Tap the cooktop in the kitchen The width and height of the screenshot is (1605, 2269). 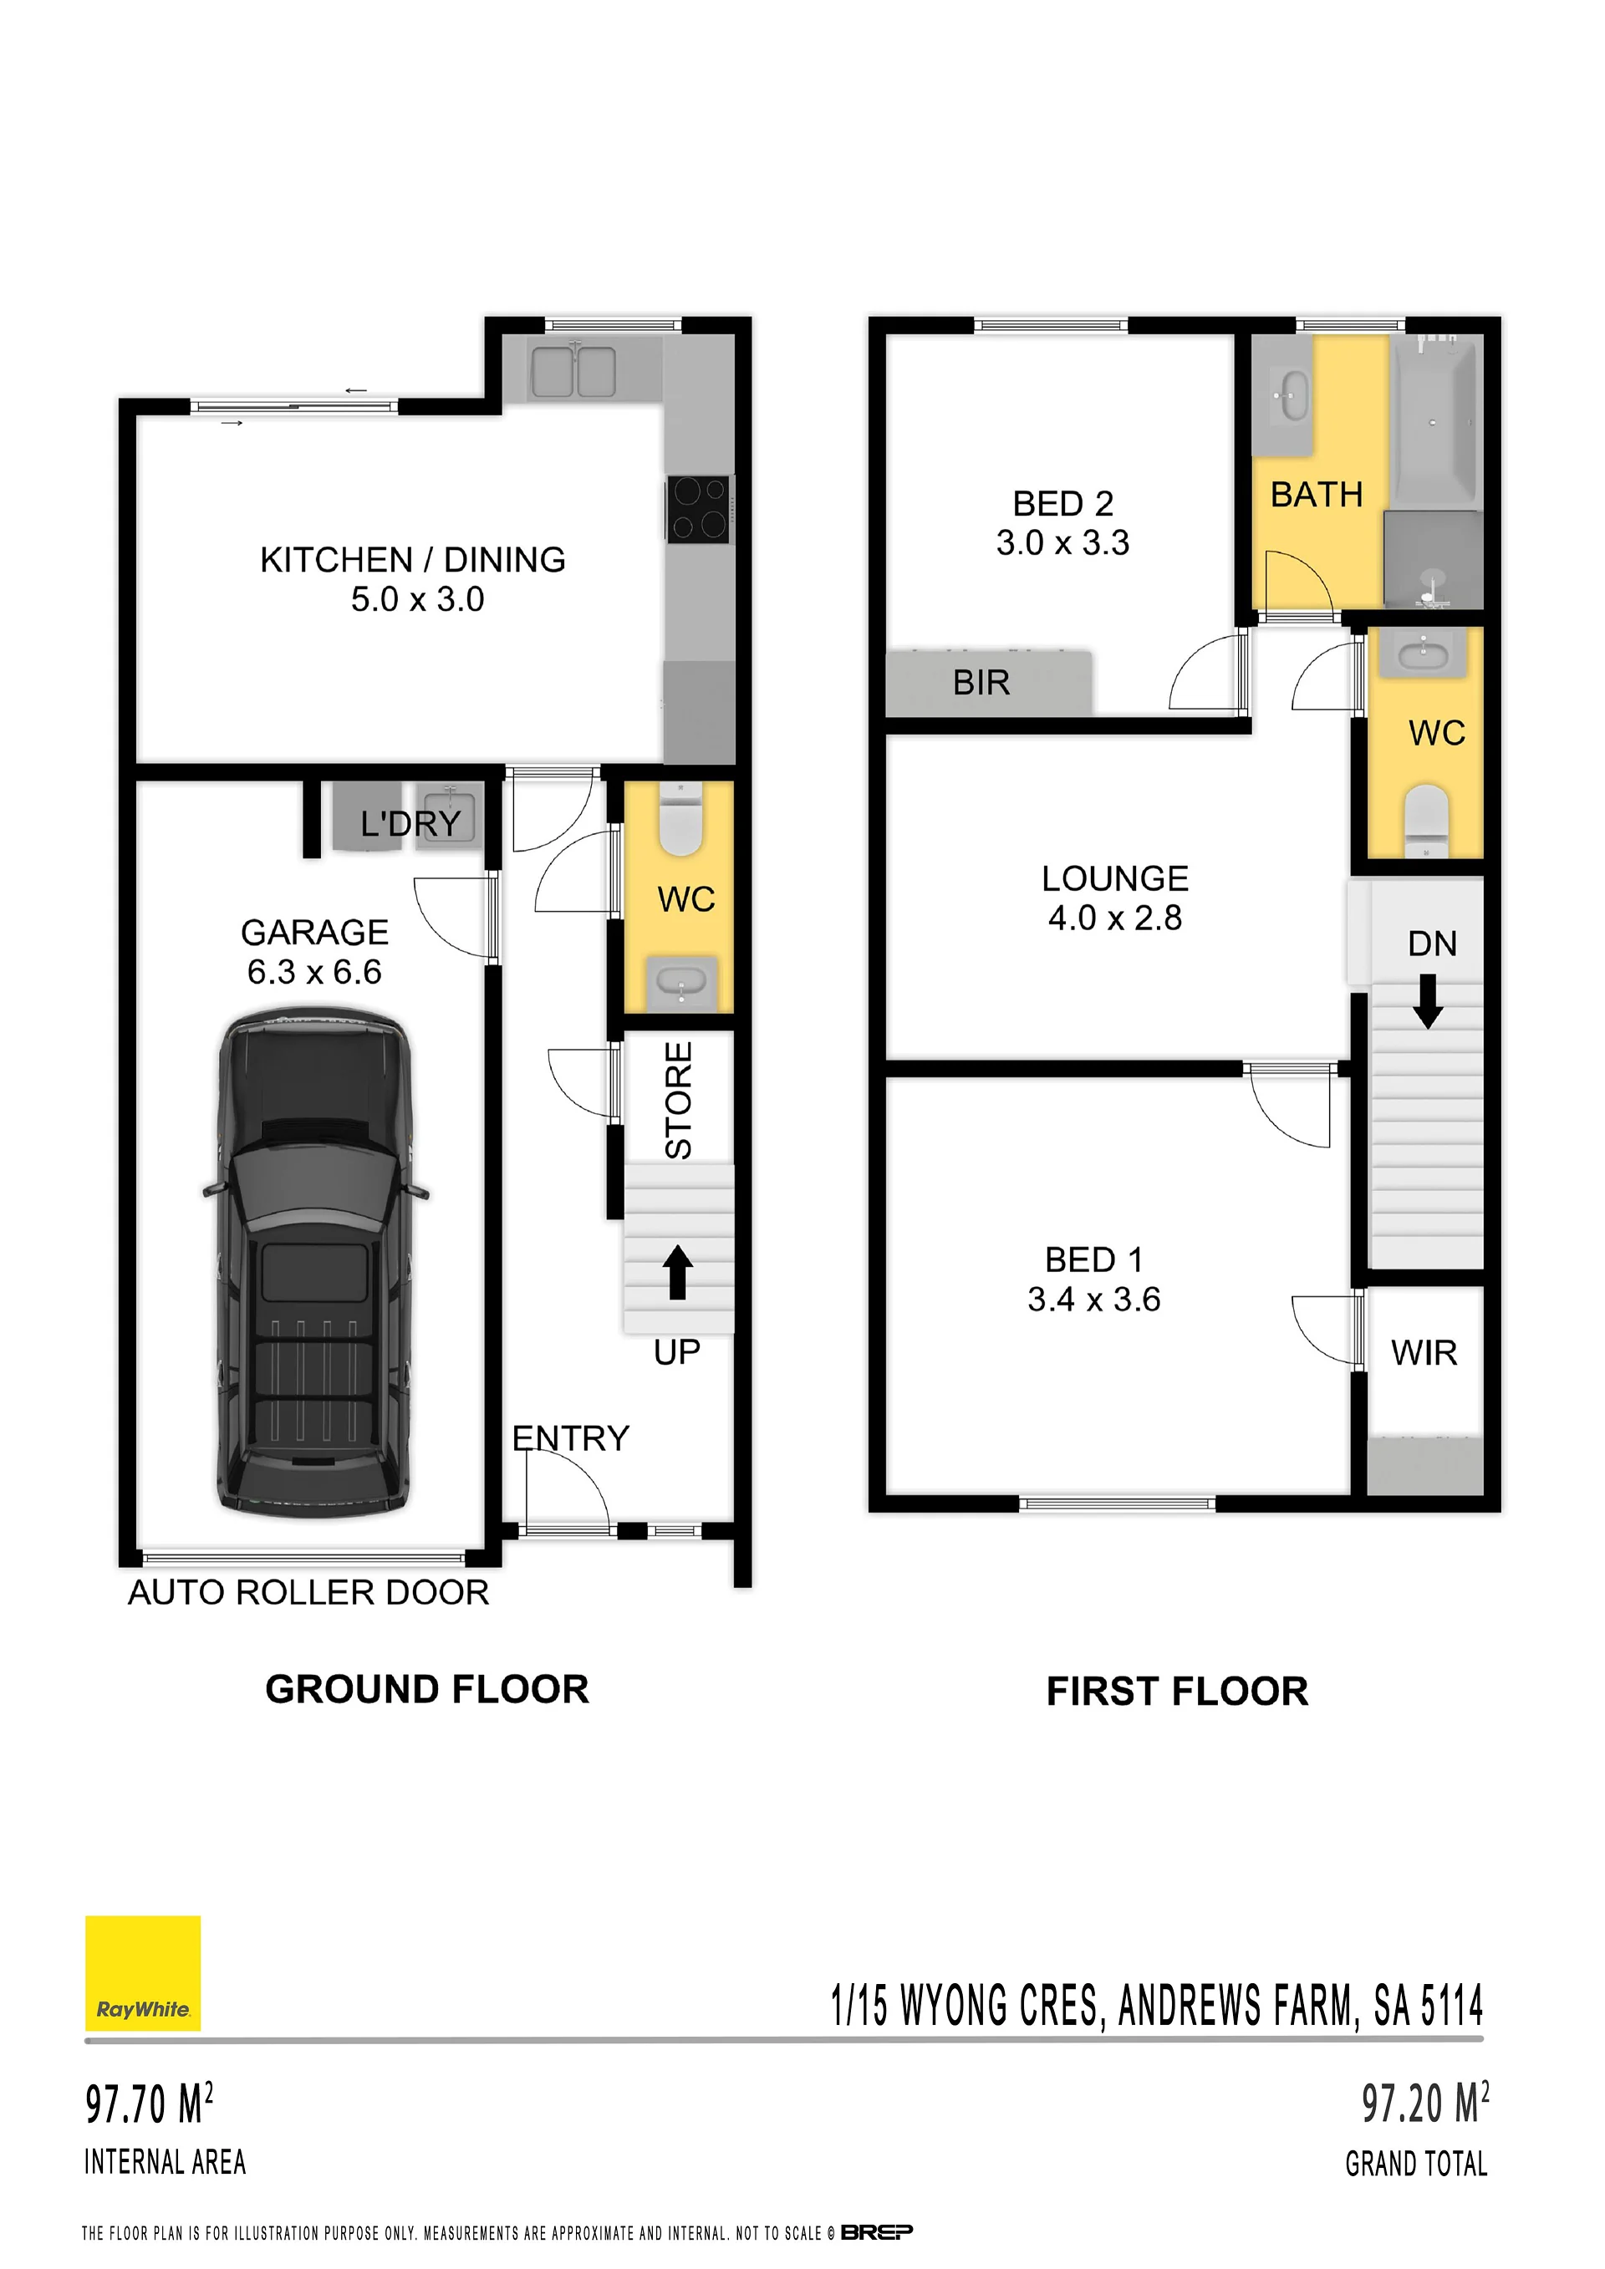[x=700, y=509]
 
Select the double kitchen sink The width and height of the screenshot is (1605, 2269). [x=573, y=370]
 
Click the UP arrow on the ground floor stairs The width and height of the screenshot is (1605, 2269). [x=677, y=1272]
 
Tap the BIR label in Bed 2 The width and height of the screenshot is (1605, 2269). [x=981, y=683]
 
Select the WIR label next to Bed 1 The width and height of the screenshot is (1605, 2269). [x=1424, y=1353]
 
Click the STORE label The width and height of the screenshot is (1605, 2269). [x=678, y=1100]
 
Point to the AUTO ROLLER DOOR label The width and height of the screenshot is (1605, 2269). [x=308, y=1592]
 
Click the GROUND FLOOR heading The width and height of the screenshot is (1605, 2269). [x=427, y=1689]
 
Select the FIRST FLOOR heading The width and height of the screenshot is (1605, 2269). [x=1177, y=1691]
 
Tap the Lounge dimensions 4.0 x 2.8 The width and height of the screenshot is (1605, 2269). [x=1115, y=918]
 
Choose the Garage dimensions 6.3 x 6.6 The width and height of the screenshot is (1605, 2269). [x=314, y=973]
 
